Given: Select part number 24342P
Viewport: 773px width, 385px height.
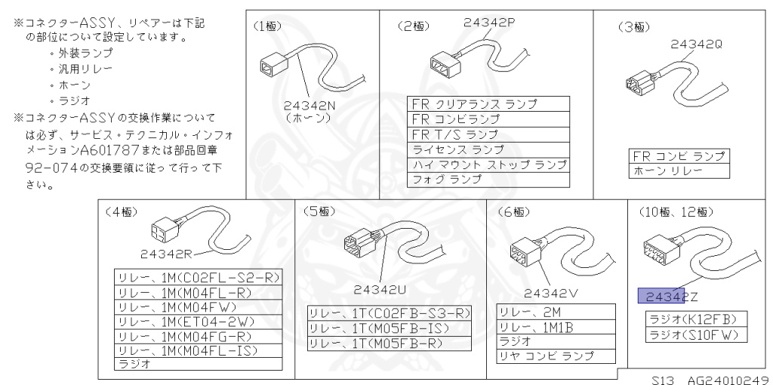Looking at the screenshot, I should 489,23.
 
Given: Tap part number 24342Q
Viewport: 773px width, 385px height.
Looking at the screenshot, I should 697,45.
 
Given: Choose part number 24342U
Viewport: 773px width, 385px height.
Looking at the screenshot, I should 382,288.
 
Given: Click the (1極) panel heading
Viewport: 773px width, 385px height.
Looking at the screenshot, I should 268,26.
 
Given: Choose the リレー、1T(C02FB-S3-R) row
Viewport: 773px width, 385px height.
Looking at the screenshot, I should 389,313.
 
